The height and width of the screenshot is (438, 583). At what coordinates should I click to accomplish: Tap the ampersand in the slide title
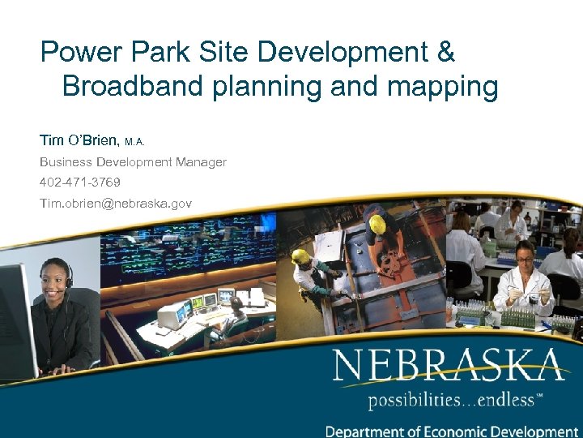445,53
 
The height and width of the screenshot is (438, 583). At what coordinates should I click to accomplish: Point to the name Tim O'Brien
79,140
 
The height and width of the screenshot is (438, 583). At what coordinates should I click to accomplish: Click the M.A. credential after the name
135,142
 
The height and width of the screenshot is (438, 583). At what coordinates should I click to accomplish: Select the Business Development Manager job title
134,162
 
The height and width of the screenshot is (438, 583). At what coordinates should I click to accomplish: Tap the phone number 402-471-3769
80,182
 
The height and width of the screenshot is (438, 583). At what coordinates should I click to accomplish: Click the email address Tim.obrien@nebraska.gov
116,203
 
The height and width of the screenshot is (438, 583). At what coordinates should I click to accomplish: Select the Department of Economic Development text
451,431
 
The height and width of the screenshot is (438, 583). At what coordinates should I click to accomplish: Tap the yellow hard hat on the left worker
300,256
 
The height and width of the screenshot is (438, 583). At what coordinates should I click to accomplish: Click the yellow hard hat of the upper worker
377,223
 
